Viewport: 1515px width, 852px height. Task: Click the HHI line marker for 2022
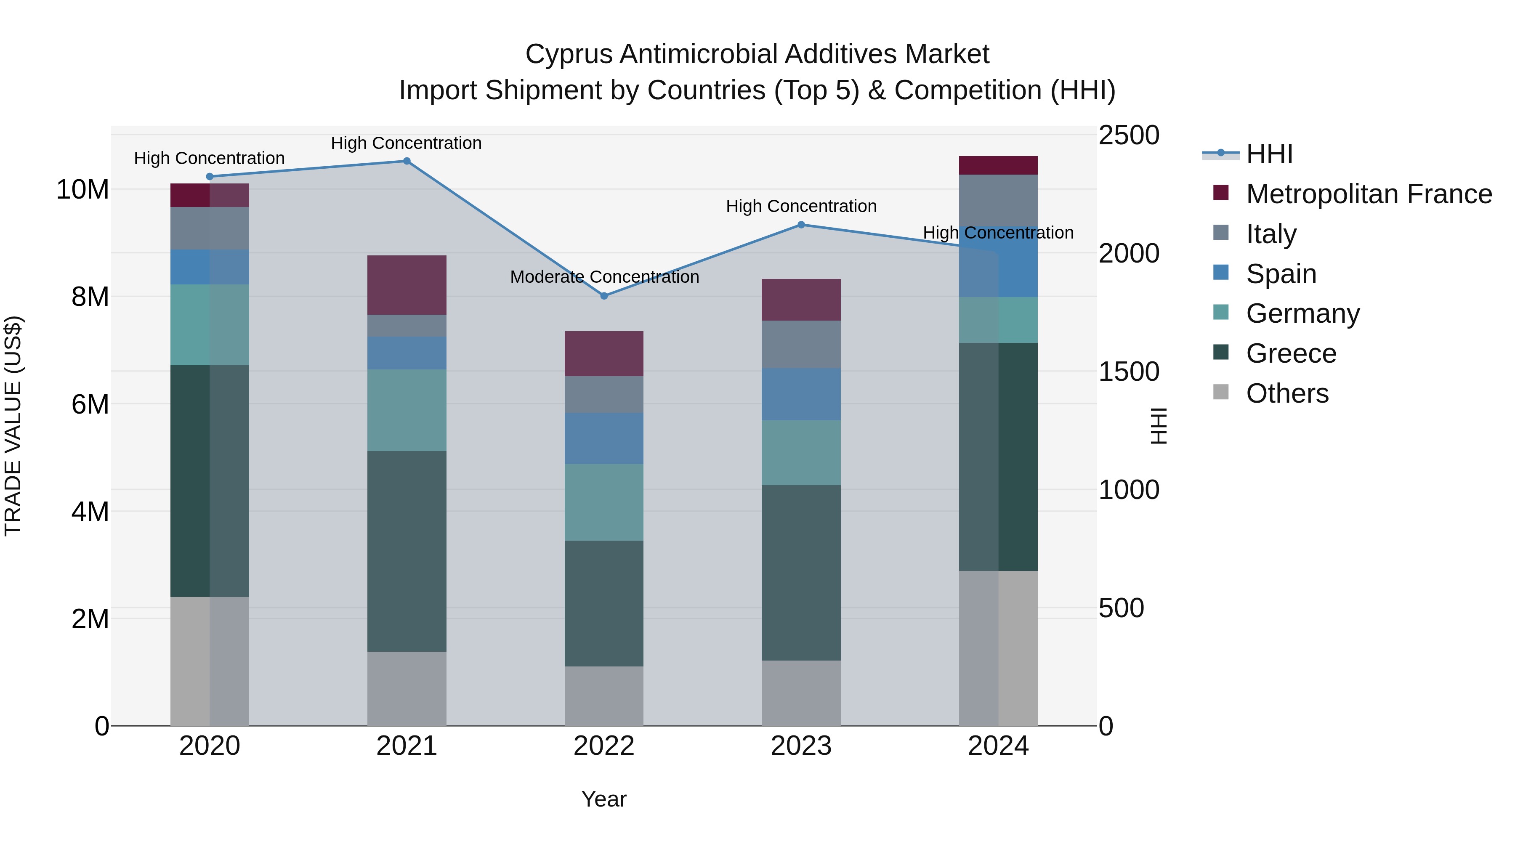pyautogui.click(x=604, y=296)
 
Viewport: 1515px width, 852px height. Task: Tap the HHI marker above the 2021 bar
pyautogui.click(x=407, y=161)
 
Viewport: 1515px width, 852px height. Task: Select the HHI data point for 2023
pyautogui.click(x=801, y=225)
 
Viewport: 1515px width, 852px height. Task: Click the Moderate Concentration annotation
pyautogui.click(x=604, y=277)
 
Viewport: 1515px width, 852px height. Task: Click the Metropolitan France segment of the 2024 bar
pyautogui.click(x=998, y=165)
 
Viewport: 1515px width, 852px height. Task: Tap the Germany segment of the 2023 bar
pyautogui.click(x=801, y=452)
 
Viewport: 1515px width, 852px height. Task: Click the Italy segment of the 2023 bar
pyautogui.click(x=801, y=344)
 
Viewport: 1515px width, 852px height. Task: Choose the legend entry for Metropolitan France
pyautogui.click(x=1369, y=194)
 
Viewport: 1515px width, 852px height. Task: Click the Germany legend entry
pyautogui.click(x=1302, y=313)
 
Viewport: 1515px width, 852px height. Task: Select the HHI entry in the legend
pyautogui.click(x=1269, y=154)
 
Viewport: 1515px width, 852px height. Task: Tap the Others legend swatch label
pyautogui.click(x=1287, y=393)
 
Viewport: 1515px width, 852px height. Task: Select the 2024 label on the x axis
pyautogui.click(x=998, y=746)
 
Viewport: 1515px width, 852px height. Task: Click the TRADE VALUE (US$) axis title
pyautogui.click(x=13, y=426)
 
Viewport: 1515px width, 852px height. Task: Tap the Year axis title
pyautogui.click(x=604, y=799)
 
